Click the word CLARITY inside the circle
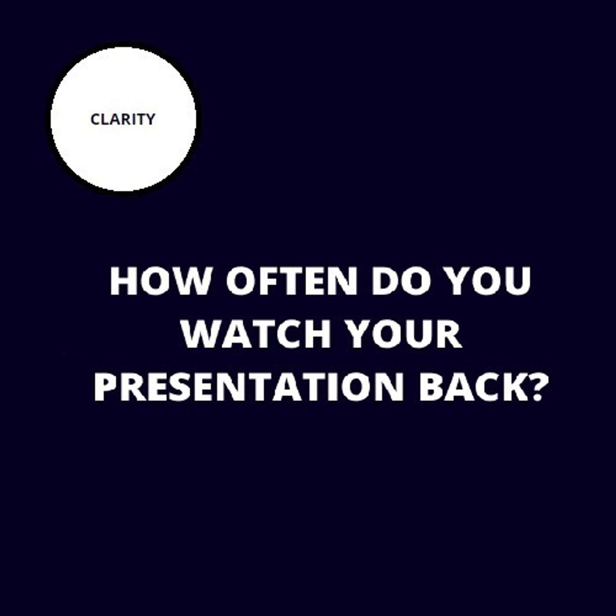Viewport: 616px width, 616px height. [x=123, y=119]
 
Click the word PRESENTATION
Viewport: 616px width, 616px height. [x=249, y=387]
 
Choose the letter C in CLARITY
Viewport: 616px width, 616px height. [x=95, y=119]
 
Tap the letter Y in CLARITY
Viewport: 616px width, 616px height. [x=150, y=119]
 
